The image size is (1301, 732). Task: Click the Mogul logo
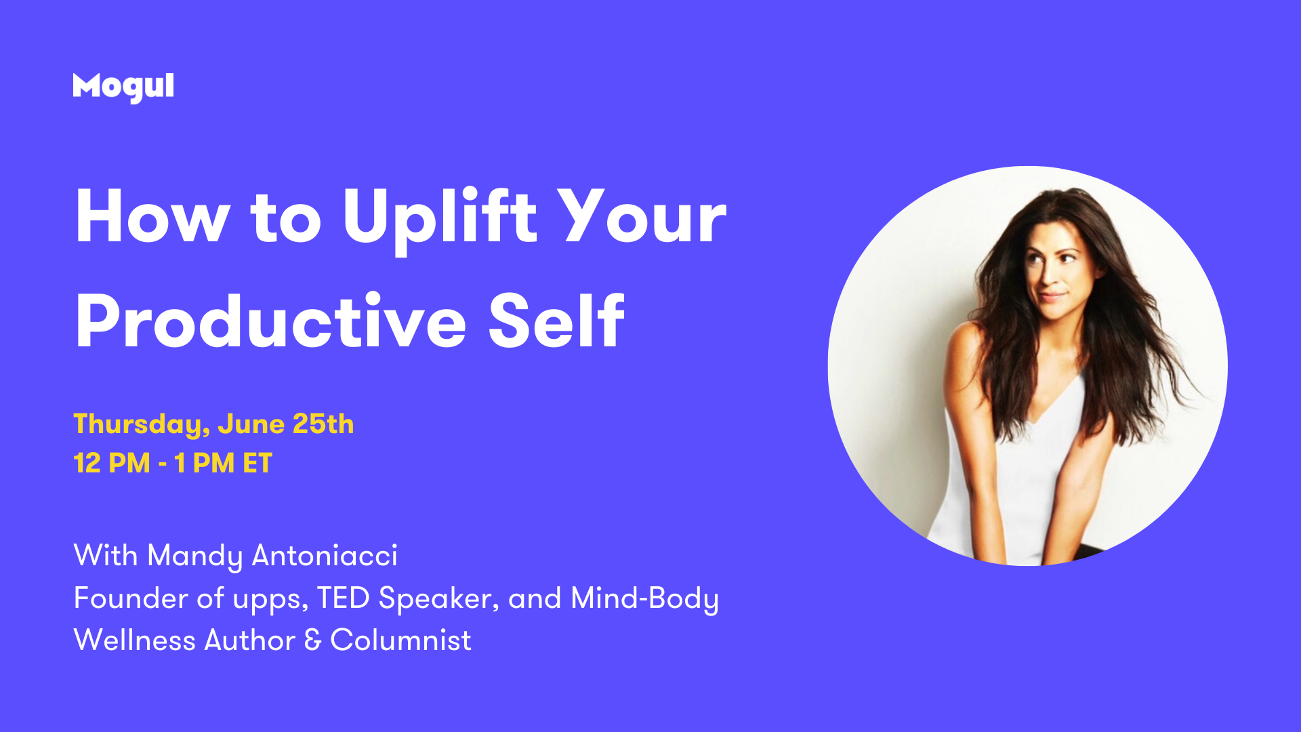coord(123,87)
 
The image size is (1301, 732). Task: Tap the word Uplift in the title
coord(440,218)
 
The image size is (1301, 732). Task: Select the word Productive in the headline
coord(271,321)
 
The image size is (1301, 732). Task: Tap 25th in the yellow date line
coord(323,424)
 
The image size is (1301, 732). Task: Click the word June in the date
coord(251,424)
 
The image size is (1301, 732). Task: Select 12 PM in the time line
coord(112,464)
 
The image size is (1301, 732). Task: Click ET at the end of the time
coord(257,464)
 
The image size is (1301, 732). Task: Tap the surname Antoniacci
coord(325,555)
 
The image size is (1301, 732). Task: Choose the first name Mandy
coord(195,556)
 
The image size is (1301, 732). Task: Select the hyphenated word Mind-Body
coord(644,599)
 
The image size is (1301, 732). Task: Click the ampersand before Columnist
coord(312,640)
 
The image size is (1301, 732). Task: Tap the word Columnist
coord(400,640)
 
